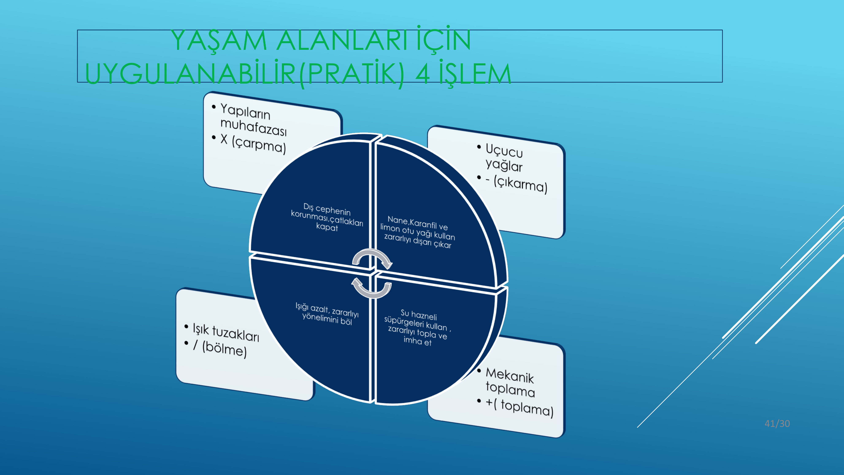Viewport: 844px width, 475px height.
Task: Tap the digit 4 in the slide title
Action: [x=423, y=73]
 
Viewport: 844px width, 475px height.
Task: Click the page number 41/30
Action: [x=777, y=423]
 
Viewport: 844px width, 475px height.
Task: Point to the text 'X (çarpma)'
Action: [x=253, y=144]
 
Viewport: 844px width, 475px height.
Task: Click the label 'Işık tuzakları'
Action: [x=226, y=332]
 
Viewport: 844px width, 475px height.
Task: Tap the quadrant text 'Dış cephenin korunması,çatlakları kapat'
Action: [x=327, y=217]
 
